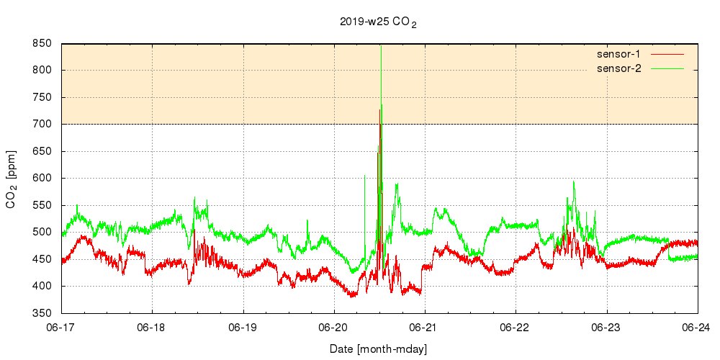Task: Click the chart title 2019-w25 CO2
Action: click(378, 22)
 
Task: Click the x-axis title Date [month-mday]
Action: click(379, 349)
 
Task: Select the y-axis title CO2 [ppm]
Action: click(12, 180)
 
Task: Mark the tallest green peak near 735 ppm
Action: click(382, 106)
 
